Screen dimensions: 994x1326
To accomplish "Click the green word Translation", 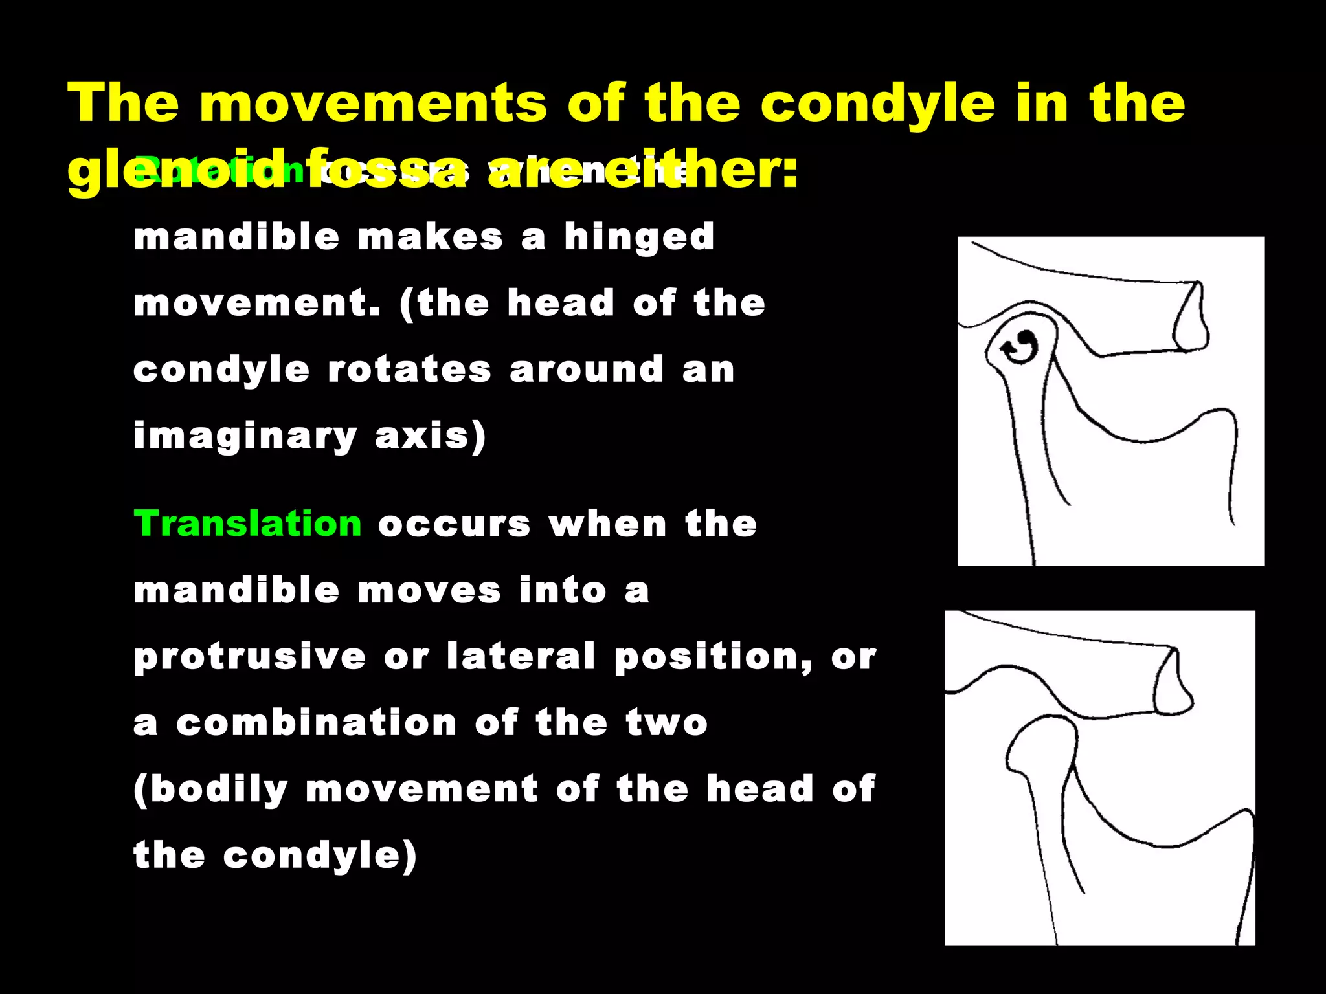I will [x=247, y=524].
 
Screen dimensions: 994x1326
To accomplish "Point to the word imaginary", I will [x=245, y=436].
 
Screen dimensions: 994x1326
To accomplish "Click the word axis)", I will [x=431, y=436].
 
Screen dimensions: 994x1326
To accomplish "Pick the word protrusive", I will [x=250, y=657].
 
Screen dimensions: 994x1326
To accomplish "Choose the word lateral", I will [x=521, y=656].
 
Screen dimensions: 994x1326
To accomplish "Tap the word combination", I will [x=317, y=723].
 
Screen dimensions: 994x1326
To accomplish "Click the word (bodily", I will [x=210, y=790].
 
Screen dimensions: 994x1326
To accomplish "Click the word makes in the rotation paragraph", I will [x=430, y=237].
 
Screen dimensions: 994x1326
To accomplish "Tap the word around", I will [x=587, y=370].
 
